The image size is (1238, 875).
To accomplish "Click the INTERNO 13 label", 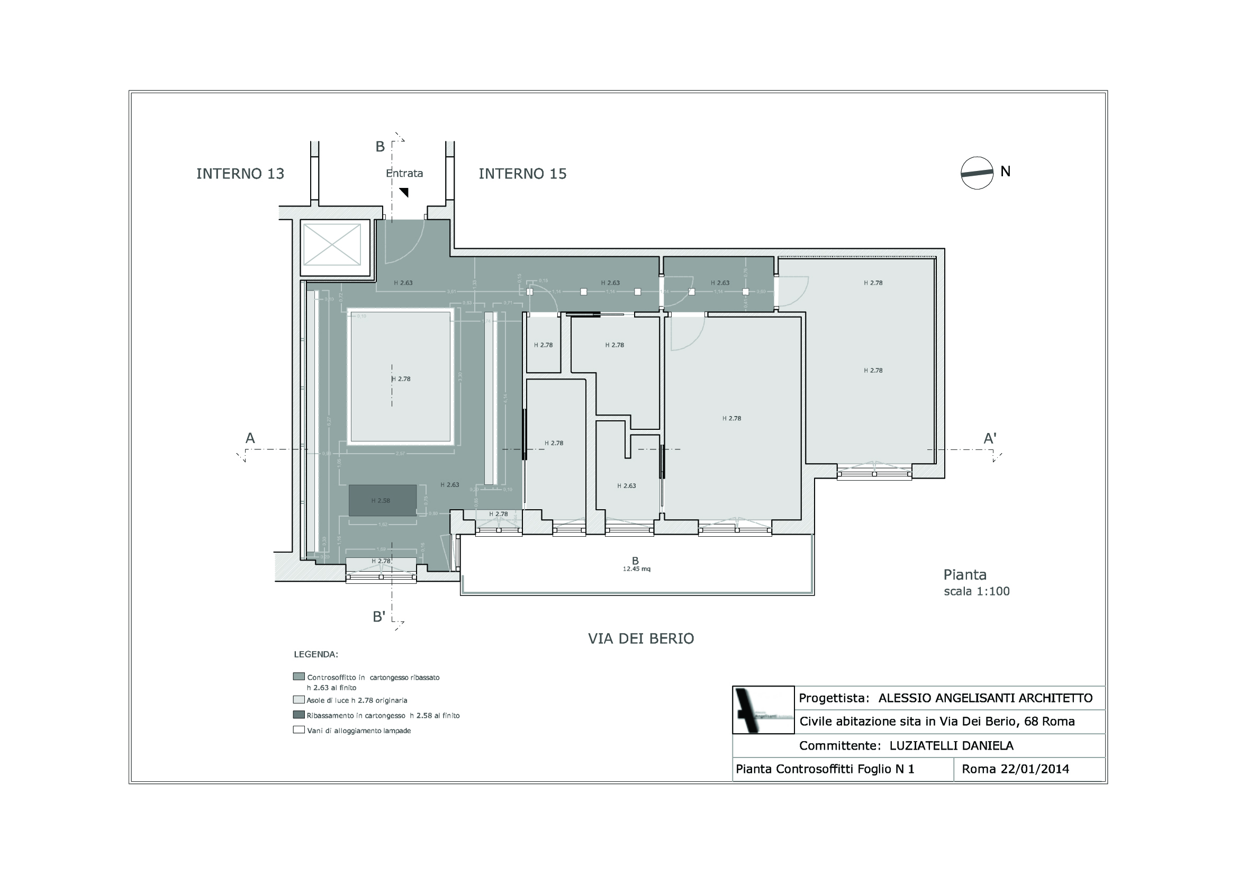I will pyautogui.click(x=240, y=174).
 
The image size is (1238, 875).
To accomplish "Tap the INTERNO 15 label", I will pyautogui.click(x=522, y=174).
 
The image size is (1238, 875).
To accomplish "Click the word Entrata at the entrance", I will pyautogui.click(x=404, y=173).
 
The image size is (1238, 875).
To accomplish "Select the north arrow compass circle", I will pyautogui.click(x=977, y=173).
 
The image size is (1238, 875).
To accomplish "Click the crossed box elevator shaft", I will pyautogui.click(x=332, y=245).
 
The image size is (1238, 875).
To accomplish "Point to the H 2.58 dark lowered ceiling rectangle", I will pyautogui.click(x=382, y=500).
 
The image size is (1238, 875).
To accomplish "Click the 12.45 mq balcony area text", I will pyautogui.click(x=636, y=569).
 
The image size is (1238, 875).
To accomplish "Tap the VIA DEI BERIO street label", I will pyautogui.click(x=640, y=639).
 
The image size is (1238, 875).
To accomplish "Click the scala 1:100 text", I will pyautogui.click(x=977, y=591).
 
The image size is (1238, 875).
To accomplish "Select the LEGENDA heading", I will pyautogui.click(x=315, y=654).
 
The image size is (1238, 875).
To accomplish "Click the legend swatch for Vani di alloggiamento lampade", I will pyautogui.click(x=299, y=730).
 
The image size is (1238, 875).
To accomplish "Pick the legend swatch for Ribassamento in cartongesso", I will pyautogui.click(x=299, y=715).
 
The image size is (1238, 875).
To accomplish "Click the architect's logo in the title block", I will pyautogui.click(x=762, y=710).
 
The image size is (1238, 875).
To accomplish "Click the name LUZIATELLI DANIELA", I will pyautogui.click(x=951, y=746).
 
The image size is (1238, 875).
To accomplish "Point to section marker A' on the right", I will pyautogui.click(x=989, y=439).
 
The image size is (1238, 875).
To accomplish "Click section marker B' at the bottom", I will pyautogui.click(x=379, y=617).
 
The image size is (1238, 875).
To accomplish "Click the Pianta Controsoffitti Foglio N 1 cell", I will pyautogui.click(x=825, y=769).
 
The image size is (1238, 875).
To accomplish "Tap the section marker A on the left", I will pyautogui.click(x=250, y=438).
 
